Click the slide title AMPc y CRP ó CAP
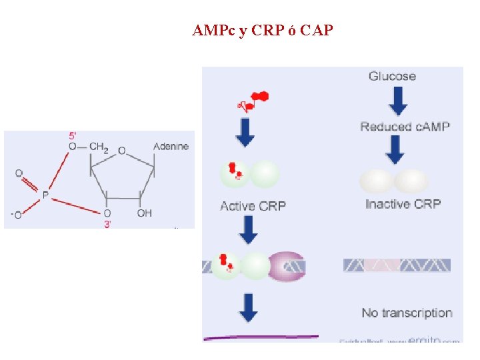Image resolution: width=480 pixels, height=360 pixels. (262, 31)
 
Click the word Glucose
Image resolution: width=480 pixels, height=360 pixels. (392, 76)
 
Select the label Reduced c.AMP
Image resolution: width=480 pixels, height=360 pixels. (405, 127)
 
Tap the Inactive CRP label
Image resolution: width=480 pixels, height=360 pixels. (403, 204)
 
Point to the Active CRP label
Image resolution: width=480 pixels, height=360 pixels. (253, 206)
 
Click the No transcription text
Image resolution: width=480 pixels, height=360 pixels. (407, 313)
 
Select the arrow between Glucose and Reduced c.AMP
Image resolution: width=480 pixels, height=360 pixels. (397, 101)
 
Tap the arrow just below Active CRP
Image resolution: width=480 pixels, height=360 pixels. (248, 230)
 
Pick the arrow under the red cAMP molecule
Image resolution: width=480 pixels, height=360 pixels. (245, 132)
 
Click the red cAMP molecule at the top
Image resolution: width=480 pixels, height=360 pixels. (253, 101)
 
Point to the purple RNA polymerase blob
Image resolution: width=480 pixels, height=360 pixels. (287, 266)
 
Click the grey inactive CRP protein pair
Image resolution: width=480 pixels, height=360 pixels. (394, 181)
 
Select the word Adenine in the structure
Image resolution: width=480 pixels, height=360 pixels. (171, 147)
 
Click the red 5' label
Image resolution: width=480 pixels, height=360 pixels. (71, 135)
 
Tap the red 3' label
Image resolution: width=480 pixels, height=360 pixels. (107, 224)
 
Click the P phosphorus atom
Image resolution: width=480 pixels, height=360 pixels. (45, 195)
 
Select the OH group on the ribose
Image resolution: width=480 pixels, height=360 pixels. (144, 213)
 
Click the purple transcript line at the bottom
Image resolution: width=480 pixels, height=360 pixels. (260, 338)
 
